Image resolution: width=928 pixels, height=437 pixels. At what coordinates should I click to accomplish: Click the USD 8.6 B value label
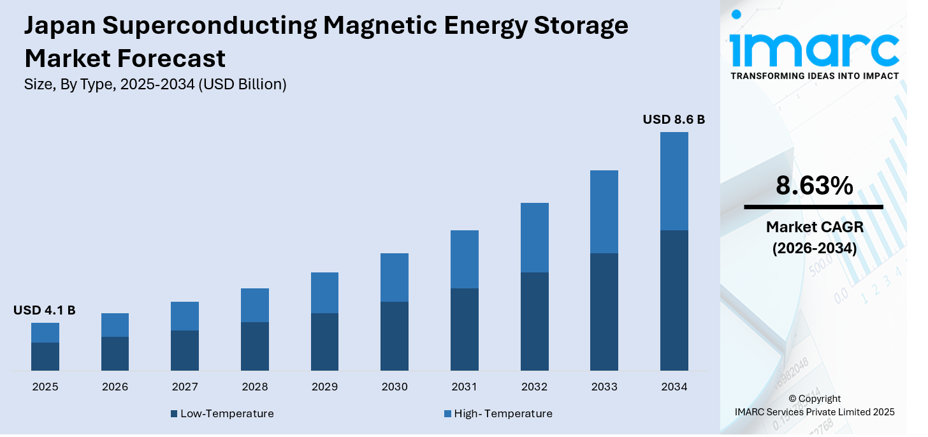[x=674, y=119]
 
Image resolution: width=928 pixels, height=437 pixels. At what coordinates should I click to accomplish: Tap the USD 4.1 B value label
[x=45, y=311]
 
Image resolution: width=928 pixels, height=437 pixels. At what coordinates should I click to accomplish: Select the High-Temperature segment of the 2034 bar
[x=674, y=181]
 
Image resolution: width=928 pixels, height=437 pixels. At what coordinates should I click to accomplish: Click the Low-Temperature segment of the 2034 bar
[x=674, y=300]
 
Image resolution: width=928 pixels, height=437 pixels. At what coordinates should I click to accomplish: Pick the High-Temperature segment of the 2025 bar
[x=45, y=332]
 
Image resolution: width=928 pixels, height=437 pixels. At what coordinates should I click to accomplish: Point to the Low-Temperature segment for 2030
[x=395, y=336]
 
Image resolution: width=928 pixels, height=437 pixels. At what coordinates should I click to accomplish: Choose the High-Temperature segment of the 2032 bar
[x=534, y=237]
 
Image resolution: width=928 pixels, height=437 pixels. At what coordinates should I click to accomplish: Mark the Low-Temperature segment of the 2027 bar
[x=185, y=350]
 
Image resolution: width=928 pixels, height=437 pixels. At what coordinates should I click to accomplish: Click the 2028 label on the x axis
[x=255, y=387]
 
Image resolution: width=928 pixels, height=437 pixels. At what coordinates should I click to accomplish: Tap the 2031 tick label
[x=465, y=387]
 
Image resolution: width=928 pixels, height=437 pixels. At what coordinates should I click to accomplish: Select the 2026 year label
[x=115, y=387]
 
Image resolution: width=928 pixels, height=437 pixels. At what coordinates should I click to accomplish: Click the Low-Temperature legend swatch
[x=174, y=414]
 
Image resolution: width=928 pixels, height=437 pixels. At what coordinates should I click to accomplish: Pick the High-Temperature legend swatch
[x=447, y=414]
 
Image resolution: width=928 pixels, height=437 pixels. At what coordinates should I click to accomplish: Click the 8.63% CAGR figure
[x=814, y=186]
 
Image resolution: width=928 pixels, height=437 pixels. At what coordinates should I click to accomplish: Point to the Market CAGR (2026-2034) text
[x=814, y=237]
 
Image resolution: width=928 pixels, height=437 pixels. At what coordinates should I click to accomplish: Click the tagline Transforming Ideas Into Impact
[x=814, y=76]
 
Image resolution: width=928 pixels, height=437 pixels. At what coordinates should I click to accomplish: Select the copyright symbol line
[x=815, y=399]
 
